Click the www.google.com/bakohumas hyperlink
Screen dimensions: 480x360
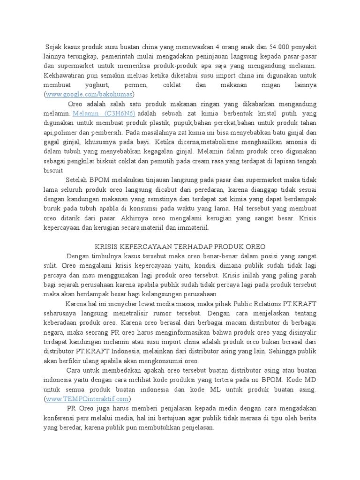point(89,94)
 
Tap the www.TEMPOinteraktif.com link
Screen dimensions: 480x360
point(88,399)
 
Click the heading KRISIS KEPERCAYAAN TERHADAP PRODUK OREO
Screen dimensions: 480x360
point(180,246)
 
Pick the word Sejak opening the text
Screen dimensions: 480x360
point(55,47)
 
